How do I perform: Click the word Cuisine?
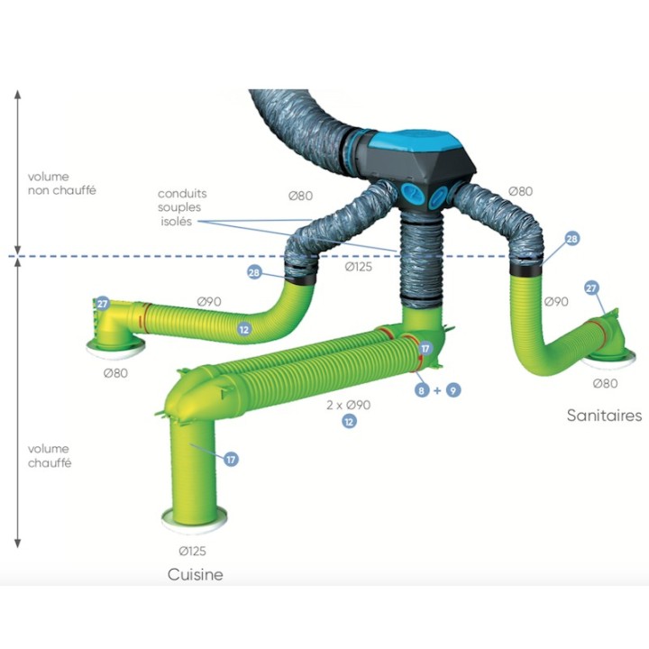pyautogui.click(x=196, y=574)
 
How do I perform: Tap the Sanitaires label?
pyautogui.click(x=604, y=416)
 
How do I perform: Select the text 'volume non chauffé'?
pyautogui.click(x=61, y=183)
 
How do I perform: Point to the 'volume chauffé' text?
pyautogui.click(x=50, y=456)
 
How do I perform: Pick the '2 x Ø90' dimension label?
pyautogui.click(x=348, y=405)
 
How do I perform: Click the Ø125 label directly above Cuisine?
pyautogui.click(x=193, y=551)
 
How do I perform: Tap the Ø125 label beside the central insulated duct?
pyautogui.click(x=359, y=267)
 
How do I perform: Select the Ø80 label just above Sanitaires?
pyautogui.click(x=605, y=383)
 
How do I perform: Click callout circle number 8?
pyautogui.click(x=421, y=390)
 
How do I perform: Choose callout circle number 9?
pyautogui.click(x=453, y=390)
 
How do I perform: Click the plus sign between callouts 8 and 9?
pyautogui.click(x=437, y=390)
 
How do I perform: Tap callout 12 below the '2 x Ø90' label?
pyautogui.click(x=349, y=421)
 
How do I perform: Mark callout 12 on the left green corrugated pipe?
pyautogui.click(x=244, y=330)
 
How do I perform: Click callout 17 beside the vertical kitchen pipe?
pyautogui.click(x=231, y=459)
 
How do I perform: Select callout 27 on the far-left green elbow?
pyautogui.click(x=102, y=304)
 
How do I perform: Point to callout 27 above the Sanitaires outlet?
pyautogui.click(x=591, y=288)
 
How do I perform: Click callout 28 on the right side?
pyautogui.click(x=571, y=239)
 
